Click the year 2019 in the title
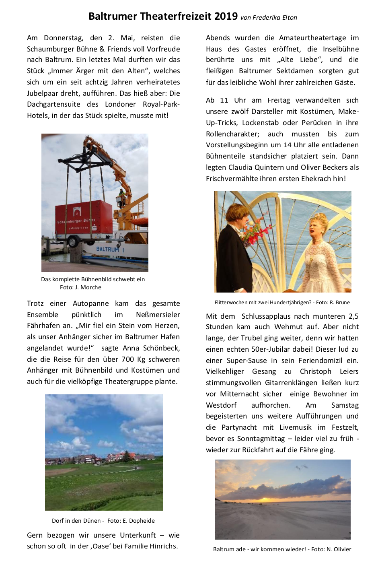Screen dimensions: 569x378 click(226, 16)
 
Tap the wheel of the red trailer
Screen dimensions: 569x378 click(73, 242)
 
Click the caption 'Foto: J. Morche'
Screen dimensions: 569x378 click(80, 287)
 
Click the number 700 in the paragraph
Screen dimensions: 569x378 click(128, 359)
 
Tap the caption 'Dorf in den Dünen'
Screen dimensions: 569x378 click(76, 521)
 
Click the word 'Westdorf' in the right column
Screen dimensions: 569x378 click(221, 405)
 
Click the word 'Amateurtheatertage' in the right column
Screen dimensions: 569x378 click(312, 38)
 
